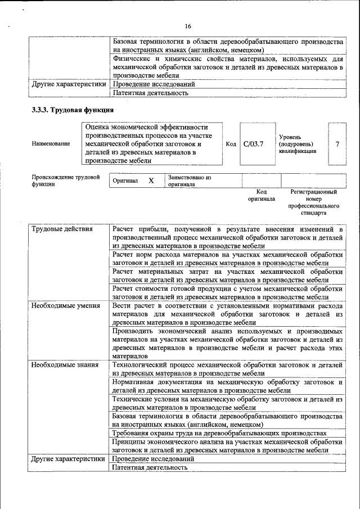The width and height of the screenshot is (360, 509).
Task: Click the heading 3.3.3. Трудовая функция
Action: [x=73, y=110]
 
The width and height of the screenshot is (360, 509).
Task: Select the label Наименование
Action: [x=51, y=144]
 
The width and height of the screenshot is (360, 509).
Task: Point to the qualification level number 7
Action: [x=337, y=144]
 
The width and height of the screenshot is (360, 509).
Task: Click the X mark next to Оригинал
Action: [x=151, y=181]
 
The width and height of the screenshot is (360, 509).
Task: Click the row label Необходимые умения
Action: [x=65, y=305]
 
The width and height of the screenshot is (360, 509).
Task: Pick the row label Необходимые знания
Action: [x=65, y=364]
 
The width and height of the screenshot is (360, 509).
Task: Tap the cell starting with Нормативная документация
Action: [x=227, y=386]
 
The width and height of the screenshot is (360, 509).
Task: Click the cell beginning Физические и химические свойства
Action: [x=227, y=66]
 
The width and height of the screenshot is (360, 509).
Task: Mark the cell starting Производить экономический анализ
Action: [x=227, y=343]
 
